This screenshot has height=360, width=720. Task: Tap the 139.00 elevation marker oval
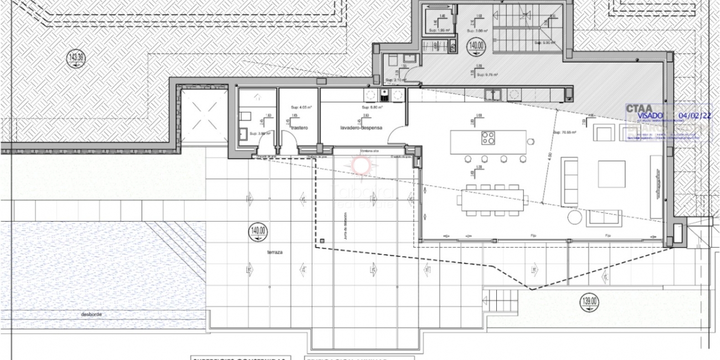589,301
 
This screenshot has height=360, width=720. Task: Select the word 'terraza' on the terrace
274,252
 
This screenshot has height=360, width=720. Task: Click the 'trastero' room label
298,128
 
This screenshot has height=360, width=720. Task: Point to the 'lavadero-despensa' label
357,128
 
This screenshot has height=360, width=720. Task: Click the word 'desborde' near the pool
91,314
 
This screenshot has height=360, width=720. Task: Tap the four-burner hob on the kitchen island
488,137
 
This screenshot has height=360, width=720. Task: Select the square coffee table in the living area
612,173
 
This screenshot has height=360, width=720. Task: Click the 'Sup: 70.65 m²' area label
564,133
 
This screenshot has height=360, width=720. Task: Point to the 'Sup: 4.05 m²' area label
301,107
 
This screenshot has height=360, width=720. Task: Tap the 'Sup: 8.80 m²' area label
372,107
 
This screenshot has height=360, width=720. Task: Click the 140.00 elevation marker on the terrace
259,231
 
